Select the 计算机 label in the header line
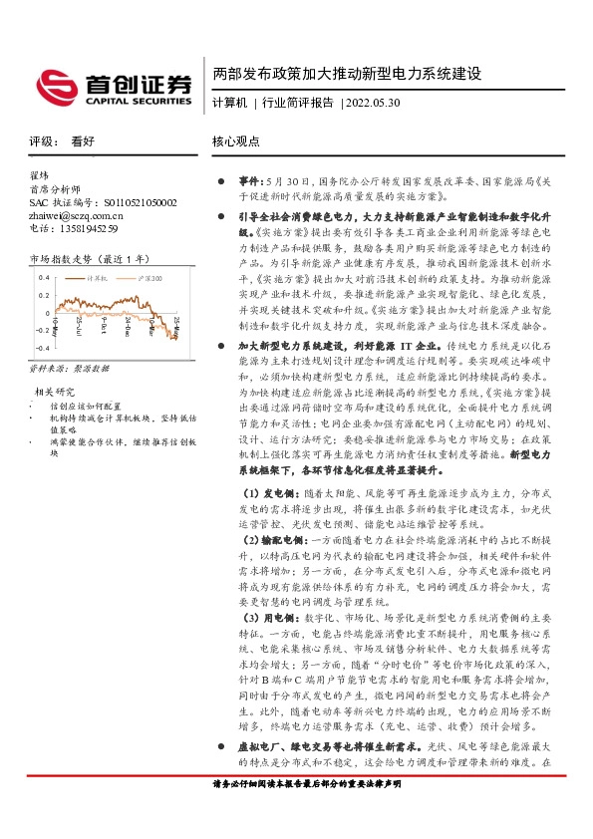[230, 104]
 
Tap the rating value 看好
[84, 141]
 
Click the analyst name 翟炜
[40, 175]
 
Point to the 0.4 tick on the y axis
[44, 279]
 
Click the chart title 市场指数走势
[66, 259]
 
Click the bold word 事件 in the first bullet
[249, 182]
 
